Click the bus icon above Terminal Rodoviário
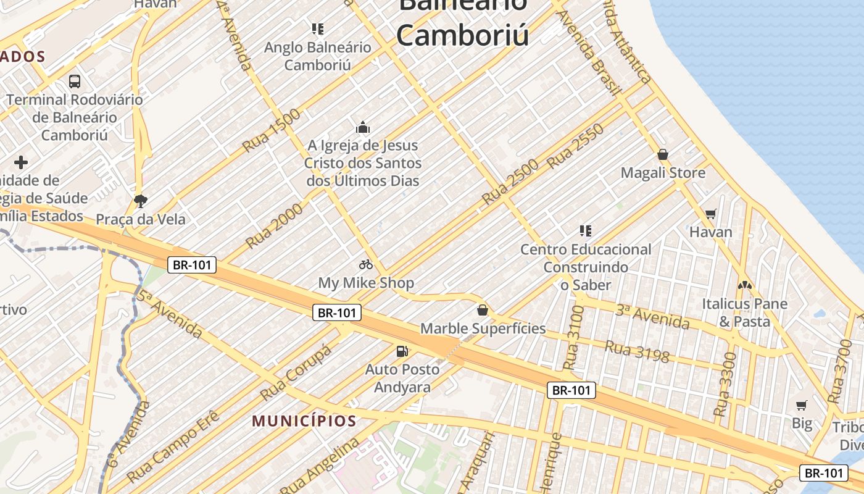pyautogui.click(x=75, y=81)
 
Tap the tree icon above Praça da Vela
pyautogui.click(x=141, y=201)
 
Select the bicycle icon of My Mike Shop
pyautogui.click(x=366, y=264)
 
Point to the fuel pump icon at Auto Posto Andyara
pyautogui.click(x=402, y=351)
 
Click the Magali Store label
pyautogui.click(x=663, y=173)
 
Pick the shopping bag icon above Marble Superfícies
pyautogui.click(x=483, y=310)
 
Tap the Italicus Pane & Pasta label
pyautogui.click(x=744, y=312)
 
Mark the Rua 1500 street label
pyautogui.click(x=272, y=130)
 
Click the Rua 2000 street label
pyautogui.click(x=275, y=225)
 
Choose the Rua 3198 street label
pyautogui.click(x=637, y=351)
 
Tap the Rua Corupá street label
pyautogui.click(x=296, y=372)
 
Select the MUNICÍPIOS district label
pyautogui.click(x=304, y=422)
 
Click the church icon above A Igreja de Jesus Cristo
pyautogui.click(x=363, y=127)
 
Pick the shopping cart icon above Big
pyautogui.click(x=801, y=406)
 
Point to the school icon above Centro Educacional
pyautogui.click(x=586, y=231)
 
